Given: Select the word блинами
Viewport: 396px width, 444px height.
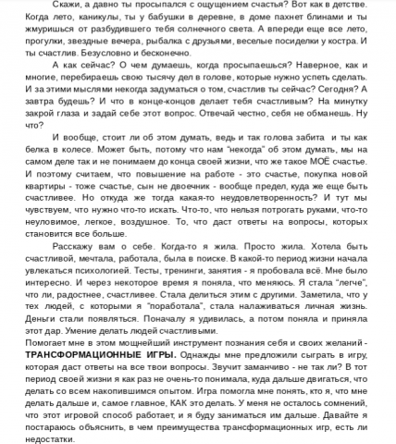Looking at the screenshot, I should [337, 20].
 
